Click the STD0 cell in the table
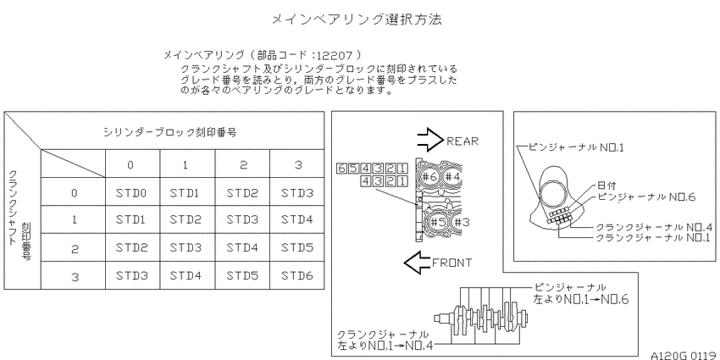coord(130,193)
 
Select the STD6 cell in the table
coord(296,276)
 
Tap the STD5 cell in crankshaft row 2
coord(296,248)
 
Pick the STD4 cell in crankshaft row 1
coord(296,220)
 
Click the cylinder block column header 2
coord(243,165)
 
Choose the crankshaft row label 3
coord(75,277)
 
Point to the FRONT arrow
coord(418,263)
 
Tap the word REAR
coord(462,141)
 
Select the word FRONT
coord(451,263)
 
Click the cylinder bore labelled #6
coord(429,177)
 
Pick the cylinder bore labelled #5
coord(438,222)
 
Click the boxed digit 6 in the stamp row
coord(341,169)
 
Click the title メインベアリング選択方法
coord(357,19)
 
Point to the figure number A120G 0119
coord(684,355)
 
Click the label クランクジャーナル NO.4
coord(654,227)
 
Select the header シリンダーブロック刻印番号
coord(170,133)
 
